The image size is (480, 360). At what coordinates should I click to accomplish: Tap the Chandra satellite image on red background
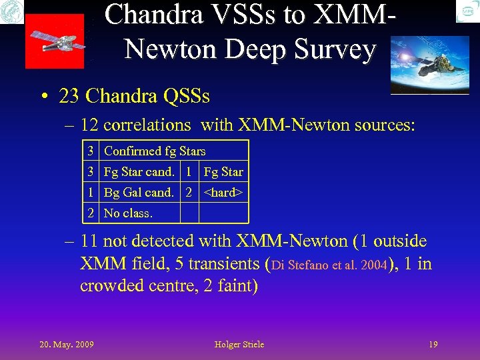point(55,41)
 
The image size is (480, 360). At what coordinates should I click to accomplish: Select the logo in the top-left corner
point(12,11)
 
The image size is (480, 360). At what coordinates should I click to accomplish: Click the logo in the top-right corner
point(467,11)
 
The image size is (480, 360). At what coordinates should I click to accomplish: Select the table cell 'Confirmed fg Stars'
point(155,151)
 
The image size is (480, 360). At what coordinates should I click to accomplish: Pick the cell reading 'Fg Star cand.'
point(139,172)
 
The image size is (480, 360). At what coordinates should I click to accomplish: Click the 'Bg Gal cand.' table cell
point(139,193)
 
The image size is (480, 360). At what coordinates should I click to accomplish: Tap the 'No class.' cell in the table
point(129,213)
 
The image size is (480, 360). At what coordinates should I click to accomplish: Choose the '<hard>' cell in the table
point(223,193)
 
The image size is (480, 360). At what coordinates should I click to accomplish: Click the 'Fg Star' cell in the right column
point(223,172)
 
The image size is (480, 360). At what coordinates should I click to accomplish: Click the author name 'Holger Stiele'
point(239,344)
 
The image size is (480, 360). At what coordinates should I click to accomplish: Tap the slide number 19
point(433,344)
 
